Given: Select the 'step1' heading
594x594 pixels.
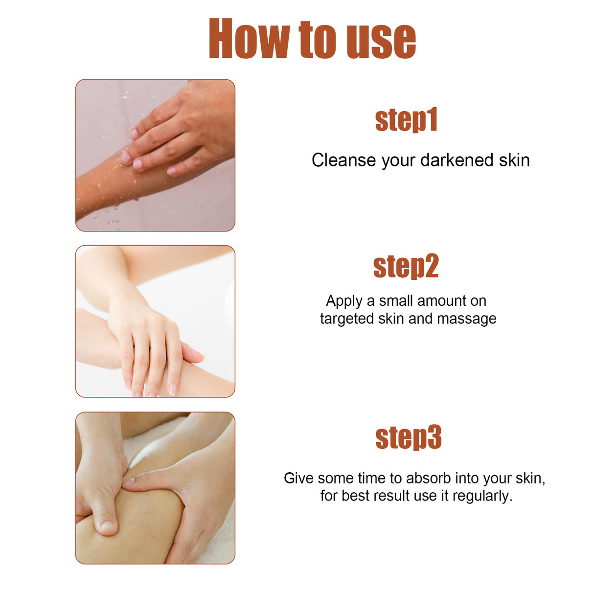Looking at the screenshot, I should pos(406,120).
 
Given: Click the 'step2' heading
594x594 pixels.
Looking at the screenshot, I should pos(406,267).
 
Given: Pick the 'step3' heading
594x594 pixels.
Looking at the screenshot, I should pos(409,437).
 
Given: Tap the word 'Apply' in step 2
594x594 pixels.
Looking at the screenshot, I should pos(344,301).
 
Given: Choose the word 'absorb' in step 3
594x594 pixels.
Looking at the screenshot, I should pos(429,478).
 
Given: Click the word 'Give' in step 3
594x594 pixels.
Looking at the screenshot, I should pos(298,478).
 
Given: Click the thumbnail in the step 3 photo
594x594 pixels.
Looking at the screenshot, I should pos(107,526).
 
